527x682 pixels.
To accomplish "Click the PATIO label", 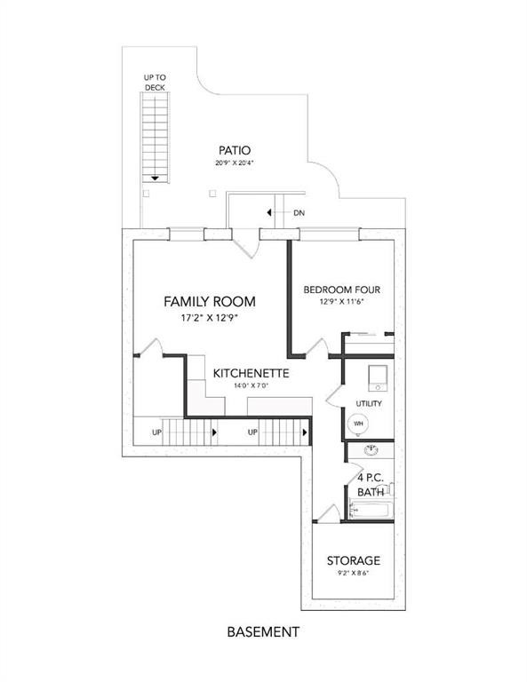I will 234,149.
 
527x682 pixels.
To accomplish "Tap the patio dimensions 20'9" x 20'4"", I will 234,163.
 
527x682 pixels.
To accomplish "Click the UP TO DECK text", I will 156,83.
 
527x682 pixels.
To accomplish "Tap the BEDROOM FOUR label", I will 342,289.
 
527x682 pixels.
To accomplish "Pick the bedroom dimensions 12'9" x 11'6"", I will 342,302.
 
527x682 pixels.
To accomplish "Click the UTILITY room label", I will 369,404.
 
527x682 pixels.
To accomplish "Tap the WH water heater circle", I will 359,424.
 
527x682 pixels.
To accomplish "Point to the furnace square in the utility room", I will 379,377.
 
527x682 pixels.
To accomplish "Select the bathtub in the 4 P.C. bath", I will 372,510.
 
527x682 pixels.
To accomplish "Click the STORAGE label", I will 353,561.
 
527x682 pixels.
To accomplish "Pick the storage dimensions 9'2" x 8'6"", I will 353,575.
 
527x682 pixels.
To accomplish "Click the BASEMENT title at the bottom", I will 262,632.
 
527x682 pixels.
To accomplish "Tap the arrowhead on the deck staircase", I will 156,178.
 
